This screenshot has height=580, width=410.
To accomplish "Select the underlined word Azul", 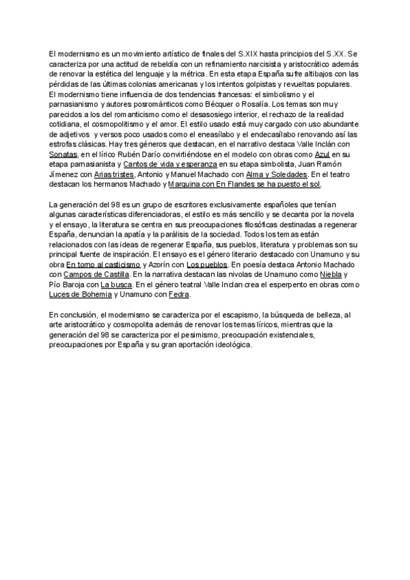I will point(323,155).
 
